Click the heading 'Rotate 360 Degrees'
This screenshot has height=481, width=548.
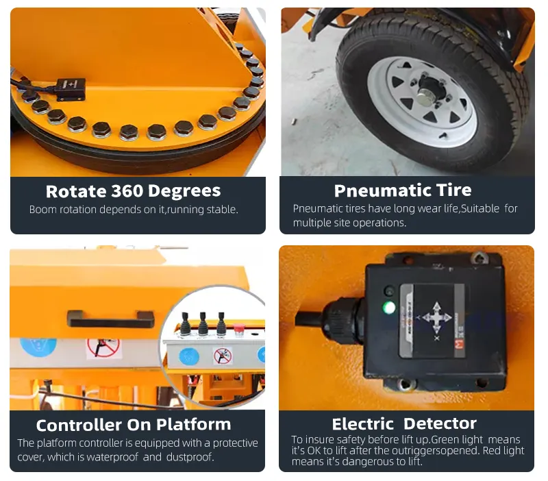(133, 191)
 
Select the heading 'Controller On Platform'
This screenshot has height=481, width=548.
(134, 425)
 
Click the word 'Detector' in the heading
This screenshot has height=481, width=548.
(440, 423)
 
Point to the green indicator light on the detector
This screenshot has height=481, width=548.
(389, 308)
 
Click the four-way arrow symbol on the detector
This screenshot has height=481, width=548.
(437, 317)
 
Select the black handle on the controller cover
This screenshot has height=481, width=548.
(111, 319)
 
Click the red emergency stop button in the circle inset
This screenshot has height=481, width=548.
(238, 330)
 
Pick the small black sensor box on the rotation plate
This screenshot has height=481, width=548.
(71, 89)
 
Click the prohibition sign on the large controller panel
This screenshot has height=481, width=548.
(103, 347)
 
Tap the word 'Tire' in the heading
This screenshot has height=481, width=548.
(454, 190)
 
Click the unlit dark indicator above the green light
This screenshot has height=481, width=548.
(388, 291)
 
